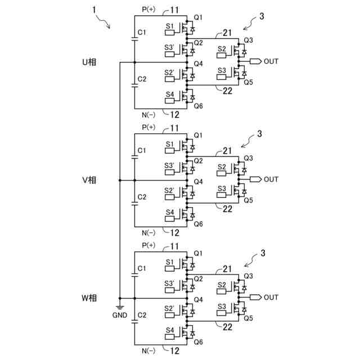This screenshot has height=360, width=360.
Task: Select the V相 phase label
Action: click(x=89, y=180)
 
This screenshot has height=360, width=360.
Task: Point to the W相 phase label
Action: click(x=89, y=298)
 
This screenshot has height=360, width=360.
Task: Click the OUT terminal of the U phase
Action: click(x=271, y=61)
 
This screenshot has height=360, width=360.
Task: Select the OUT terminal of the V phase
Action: click(x=271, y=179)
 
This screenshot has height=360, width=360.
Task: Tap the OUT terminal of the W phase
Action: click(x=271, y=297)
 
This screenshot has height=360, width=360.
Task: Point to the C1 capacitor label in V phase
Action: click(x=142, y=151)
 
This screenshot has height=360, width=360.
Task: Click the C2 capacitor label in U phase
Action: click(x=142, y=79)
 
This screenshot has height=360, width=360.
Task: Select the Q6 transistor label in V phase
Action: click(x=197, y=224)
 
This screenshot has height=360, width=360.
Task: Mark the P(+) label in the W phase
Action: click(x=148, y=245)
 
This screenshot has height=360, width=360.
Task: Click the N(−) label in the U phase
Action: click(x=148, y=113)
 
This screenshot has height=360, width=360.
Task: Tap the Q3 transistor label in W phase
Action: click(x=248, y=276)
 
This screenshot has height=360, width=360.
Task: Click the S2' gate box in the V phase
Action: click(x=169, y=191)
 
